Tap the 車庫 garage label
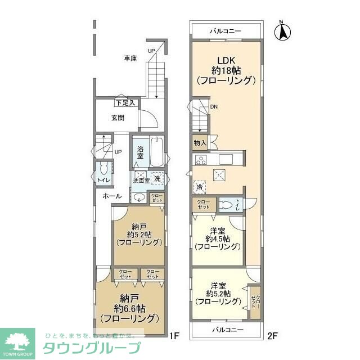tap(130, 58)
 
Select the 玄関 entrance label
tap(117, 118)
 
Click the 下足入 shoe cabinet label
tap(125, 103)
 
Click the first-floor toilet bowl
tap(103, 169)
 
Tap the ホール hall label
tap(112, 196)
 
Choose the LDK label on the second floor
tap(226, 61)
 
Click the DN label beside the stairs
tap(214, 106)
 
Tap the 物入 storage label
tap(200, 143)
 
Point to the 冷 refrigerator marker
tap(200, 187)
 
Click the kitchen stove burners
tap(201, 160)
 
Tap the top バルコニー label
tap(226, 30)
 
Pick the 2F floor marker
tap(272, 336)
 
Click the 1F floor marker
tap(174, 336)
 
